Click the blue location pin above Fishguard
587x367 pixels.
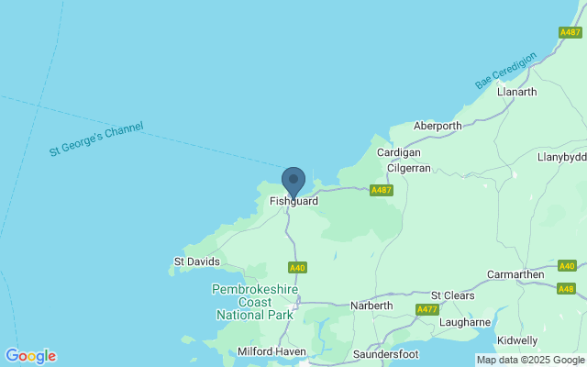click(x=293, y=180)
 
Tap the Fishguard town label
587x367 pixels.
click(x=293, y=201)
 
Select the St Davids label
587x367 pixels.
click(x=196, y=261)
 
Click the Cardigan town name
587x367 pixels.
click(x=398, y=152)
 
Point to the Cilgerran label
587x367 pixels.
click(x=409, y=170)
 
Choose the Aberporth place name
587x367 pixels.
click(x=437, y=127)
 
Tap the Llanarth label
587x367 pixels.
click(x=515, y=93)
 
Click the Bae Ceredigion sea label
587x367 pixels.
click(x=504, y=69)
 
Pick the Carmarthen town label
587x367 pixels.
click(x=518, y=273)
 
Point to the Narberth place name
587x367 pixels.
click(x=371, y=306)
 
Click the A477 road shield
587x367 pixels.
click(x=427, y=309)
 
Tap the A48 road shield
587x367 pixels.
click(x=566, y=289)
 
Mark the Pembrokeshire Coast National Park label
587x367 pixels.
click(x=252, y=302)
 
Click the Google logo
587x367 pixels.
click(x=30, y=356)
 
